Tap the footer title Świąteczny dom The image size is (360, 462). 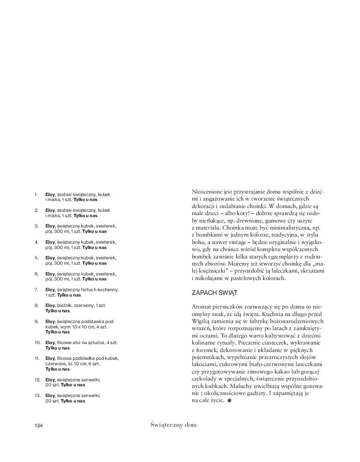click(x=174, y=425)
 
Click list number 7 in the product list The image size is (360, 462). click(x=36, y=290)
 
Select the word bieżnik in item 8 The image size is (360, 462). click(x=64, y=305)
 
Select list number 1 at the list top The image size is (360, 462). click(x=36, y=194)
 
